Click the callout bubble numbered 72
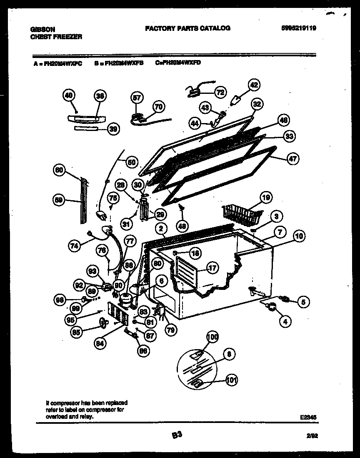click(220, 92)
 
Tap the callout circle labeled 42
click(254, 85)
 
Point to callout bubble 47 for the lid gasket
click(293, 159)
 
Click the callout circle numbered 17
click(212, 268)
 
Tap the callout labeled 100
click(212, 337)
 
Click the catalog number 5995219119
click(298, 28)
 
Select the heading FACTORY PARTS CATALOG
click(187, 28)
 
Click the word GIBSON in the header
click(43, 30)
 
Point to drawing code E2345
click(308, 416)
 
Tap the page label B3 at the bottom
click(177, 435)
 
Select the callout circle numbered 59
click(60, 200)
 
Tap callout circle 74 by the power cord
click(75, 246)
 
